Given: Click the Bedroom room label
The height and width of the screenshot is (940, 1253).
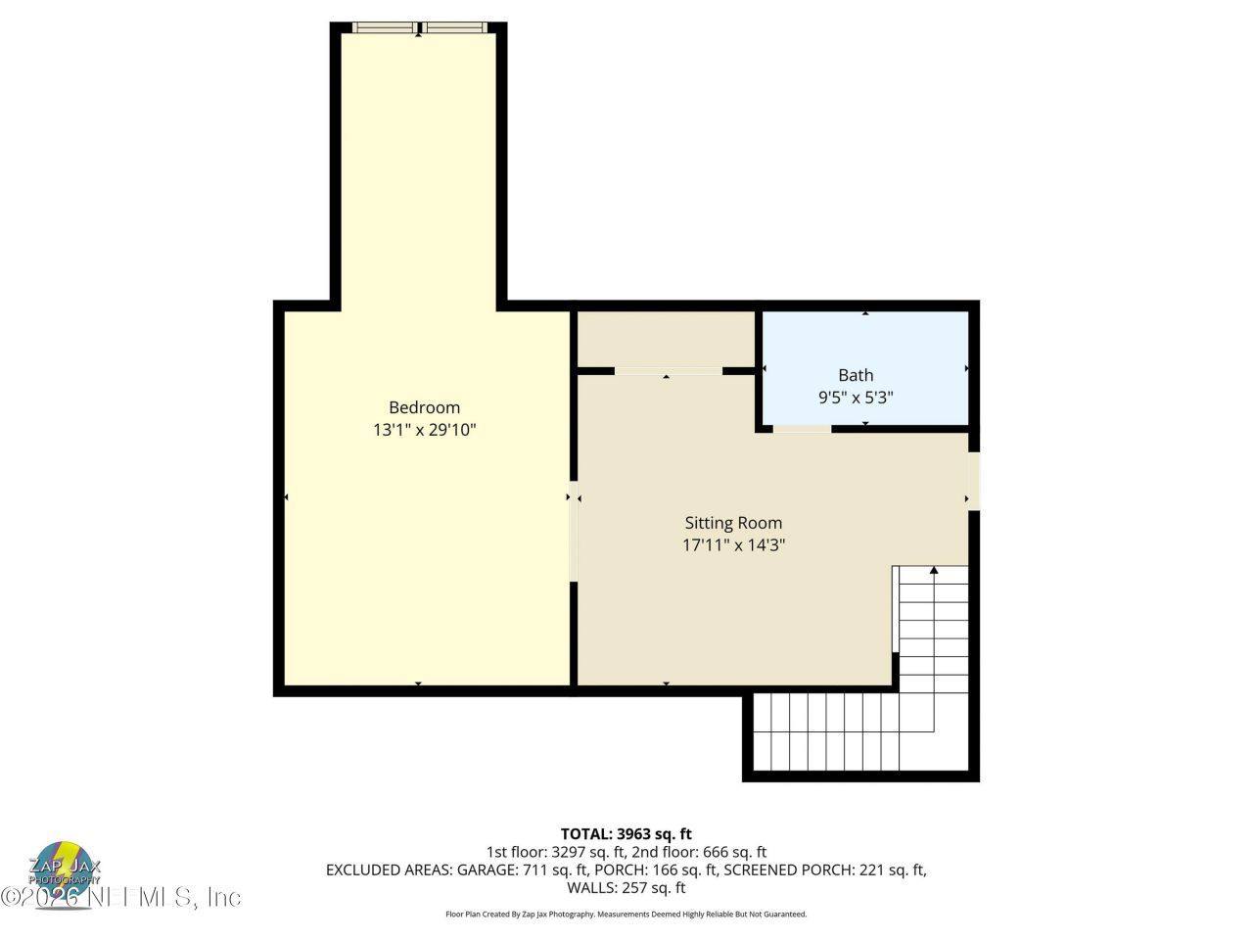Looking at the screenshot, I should pyautogui.click(x=424, y=407).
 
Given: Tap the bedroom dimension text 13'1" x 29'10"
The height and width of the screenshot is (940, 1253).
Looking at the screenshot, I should pyautogui.click(x=424, y=430).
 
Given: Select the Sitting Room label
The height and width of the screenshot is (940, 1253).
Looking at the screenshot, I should pyautogui.click(x=733, y=523).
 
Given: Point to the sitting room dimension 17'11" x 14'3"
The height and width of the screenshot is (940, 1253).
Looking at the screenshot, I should pyautogui.click(x=733, y=545).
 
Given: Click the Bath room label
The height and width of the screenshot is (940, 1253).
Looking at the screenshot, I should pyautogui.click(x=856, y=375).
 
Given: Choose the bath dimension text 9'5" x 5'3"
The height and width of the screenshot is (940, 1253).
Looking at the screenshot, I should pyautogui.click(x=856, y=398).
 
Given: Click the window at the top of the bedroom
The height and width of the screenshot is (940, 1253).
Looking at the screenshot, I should pyautogui.click(x=419, y=28).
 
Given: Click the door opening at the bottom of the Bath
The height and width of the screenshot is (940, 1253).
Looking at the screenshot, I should pyautogui.click(x=802, y=429).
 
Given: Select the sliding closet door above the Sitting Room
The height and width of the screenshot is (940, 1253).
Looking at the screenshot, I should pyautogui.click(x=669, y=371).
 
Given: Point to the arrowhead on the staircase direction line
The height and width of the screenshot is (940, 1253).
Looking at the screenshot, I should pyautogui.click(x=934, y=570).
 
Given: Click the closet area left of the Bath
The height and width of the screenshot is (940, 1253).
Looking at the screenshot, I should pyautogui.click(x=666, y=338).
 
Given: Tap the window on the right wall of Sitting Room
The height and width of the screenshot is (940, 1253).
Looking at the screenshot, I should pyautogui.click(x=974, y=480).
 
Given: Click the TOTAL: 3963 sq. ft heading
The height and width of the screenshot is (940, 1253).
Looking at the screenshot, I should pyautogui.click(x=626, y=834).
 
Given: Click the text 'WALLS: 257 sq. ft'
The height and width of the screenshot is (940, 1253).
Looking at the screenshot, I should pyautogui.click(x=626, y=888).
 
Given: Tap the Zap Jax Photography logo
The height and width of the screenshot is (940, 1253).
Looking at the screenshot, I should pyautogui.click(x=65, y=867).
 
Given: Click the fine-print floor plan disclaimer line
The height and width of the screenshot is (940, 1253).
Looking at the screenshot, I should pyautogui.click(x=626, y=915).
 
